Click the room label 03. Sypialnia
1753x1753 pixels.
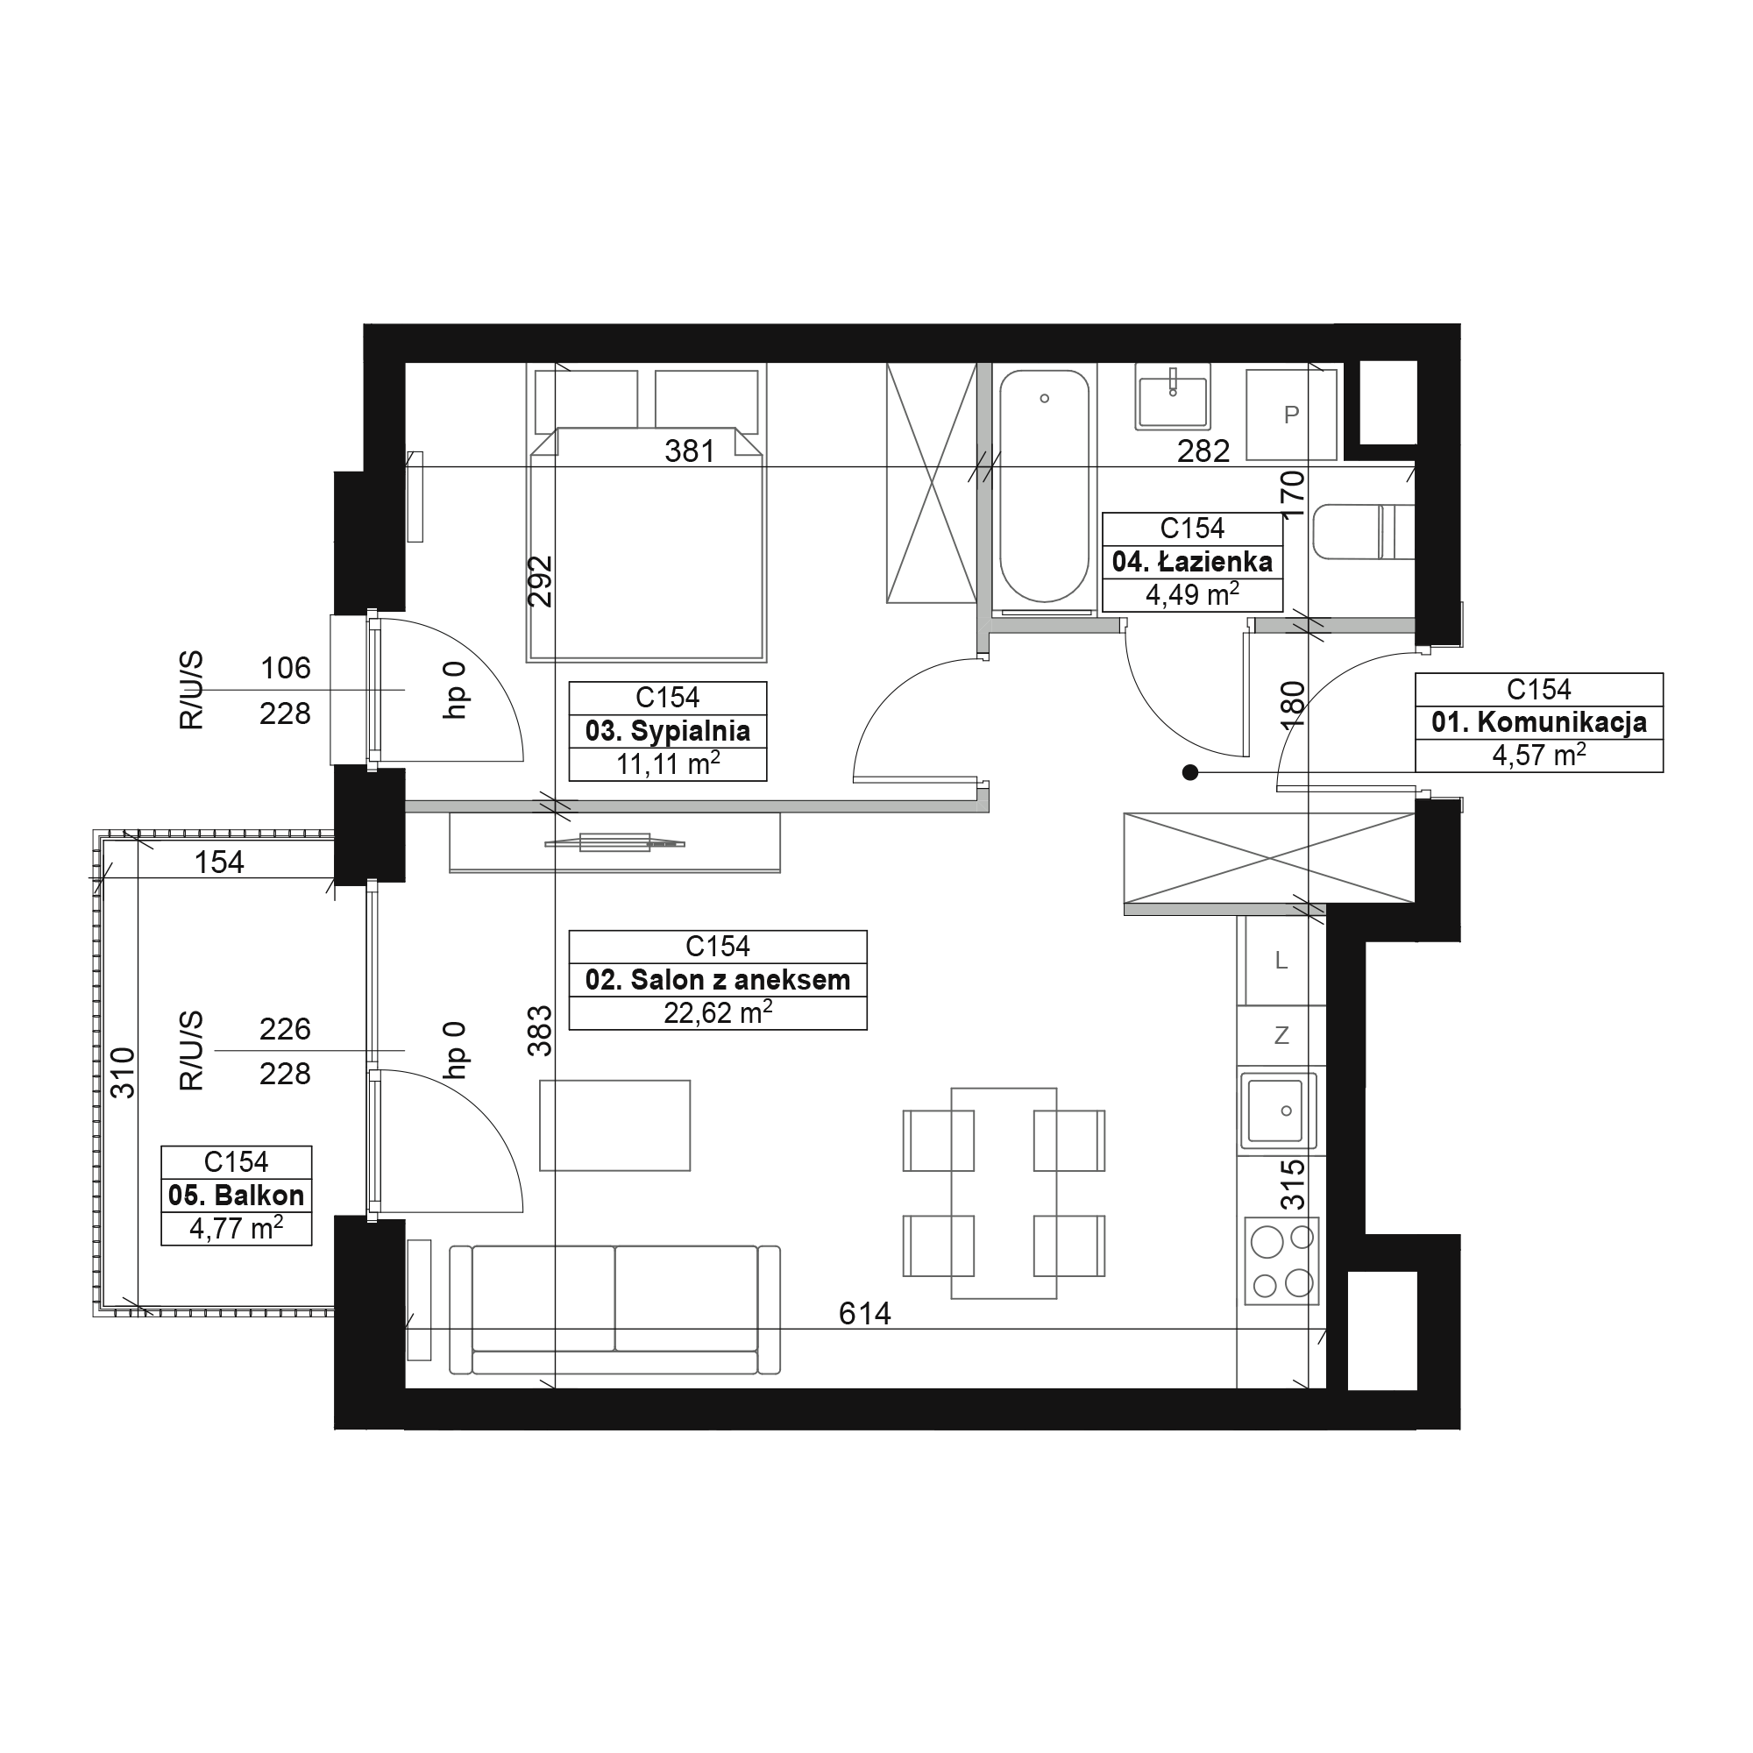click(x=668, y=731)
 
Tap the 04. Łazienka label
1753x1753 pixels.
click(x=1192, y=562)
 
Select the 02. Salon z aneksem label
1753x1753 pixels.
click(x=718, y=980)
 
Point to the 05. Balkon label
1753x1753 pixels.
click(x=236, y=1195)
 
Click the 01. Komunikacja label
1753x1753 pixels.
click(x=1539, y=722)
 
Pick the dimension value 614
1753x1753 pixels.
click(x=865, y=1313)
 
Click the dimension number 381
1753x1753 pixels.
click(x=690, y=451)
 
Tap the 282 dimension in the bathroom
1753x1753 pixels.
click(x=1203, y=451)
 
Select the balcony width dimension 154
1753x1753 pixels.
click(x=220, y=862)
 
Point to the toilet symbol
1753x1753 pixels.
click(x=1363, y=532)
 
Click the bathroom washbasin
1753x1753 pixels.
click(x=1172, y=396)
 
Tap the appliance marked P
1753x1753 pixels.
click(x=1291, y=415)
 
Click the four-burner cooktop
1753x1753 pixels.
click(x=1281, y=1261)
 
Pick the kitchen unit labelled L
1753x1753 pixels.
click(x=1281, y=960)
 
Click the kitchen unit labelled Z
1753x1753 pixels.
click(x=1281, y=1035)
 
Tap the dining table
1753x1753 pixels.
click(x=1004, y=1193)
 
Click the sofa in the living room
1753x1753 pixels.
click(x=615, y=1310)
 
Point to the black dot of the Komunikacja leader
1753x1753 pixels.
click(x=1190, y=773)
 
